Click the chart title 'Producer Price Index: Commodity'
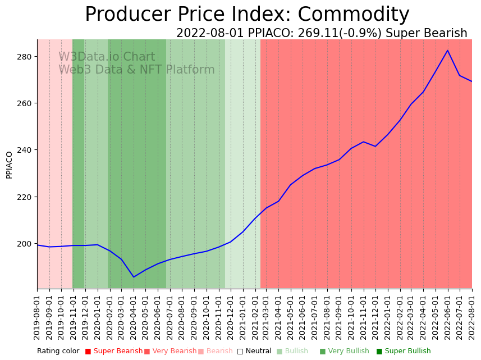coord(247,15)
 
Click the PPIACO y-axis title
coord(9,165)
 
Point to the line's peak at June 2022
coord(447,51)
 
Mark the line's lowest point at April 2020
coord(134,277)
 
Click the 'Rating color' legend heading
coord(58,351)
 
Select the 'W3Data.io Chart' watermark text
coord(107,57)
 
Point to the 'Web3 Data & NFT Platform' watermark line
coord(136,70)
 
